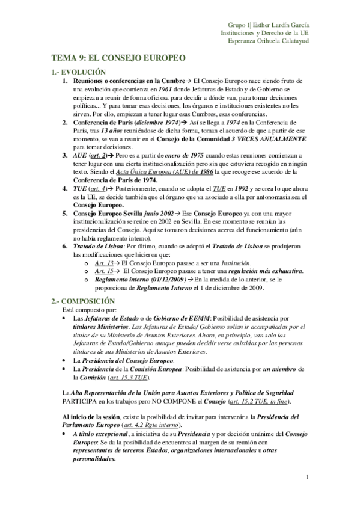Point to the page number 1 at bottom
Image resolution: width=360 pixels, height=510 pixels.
tap(307, 478)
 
